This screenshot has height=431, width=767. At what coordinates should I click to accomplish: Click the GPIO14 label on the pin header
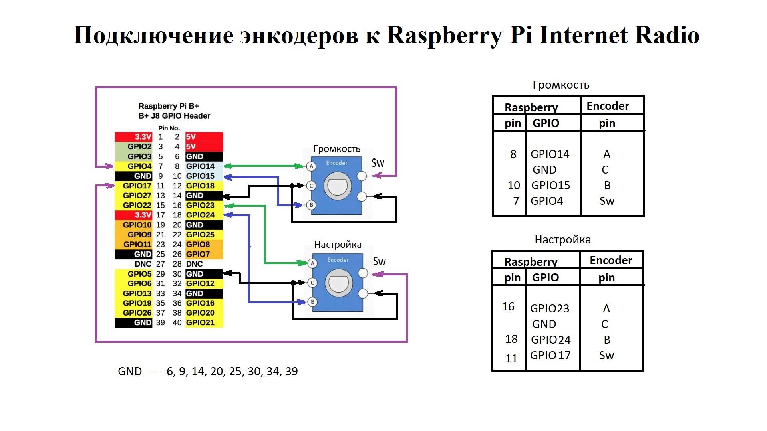coord(200,166)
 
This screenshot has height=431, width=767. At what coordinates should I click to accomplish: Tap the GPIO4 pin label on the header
coord(139,166)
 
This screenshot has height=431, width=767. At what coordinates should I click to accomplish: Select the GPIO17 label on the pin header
coord(137,186)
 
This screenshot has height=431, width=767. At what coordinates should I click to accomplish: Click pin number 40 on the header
coord(177,322)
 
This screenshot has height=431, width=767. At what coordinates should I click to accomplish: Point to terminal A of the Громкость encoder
coord(311,166)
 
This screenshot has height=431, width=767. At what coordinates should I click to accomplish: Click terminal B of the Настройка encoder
coord(312,302)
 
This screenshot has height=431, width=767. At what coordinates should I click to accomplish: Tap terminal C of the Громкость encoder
coord(311,186)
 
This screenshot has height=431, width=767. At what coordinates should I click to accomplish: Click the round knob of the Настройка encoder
coord(339,283)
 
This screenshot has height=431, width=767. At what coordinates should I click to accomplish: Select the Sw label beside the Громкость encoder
coord(378,163)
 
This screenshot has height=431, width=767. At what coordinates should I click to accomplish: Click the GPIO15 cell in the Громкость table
coord(550,185)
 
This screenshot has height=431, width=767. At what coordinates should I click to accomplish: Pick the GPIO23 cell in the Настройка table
coord(550,308)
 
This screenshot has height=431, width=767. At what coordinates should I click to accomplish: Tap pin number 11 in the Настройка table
coord(511,358)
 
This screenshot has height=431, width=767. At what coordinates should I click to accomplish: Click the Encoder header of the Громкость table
coord(608,106)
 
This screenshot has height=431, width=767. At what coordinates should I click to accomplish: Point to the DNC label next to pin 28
coord(194,264)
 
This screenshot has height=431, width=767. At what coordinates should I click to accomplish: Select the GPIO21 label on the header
coord(200,322)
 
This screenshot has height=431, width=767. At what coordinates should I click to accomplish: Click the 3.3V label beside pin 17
coord(143,215)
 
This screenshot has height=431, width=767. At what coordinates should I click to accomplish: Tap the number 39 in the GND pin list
coord(291,371)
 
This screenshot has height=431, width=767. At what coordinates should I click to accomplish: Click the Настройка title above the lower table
coord(562,240)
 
